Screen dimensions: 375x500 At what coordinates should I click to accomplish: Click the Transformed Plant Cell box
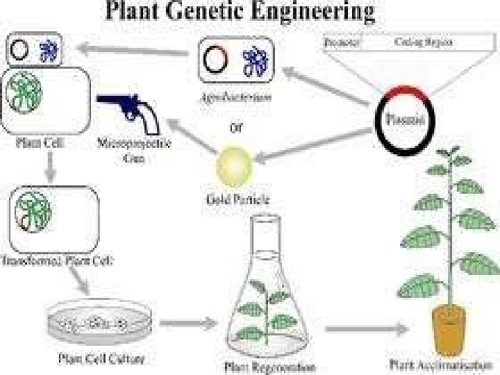(53, 215)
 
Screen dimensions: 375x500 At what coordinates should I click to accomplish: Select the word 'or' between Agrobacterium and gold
(236, 127)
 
